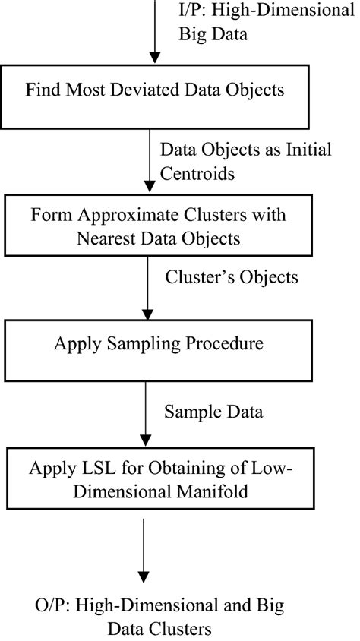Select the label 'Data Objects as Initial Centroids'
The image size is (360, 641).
[x=245, y=160]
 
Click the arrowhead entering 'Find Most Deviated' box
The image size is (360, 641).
[x=154, y=59]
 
